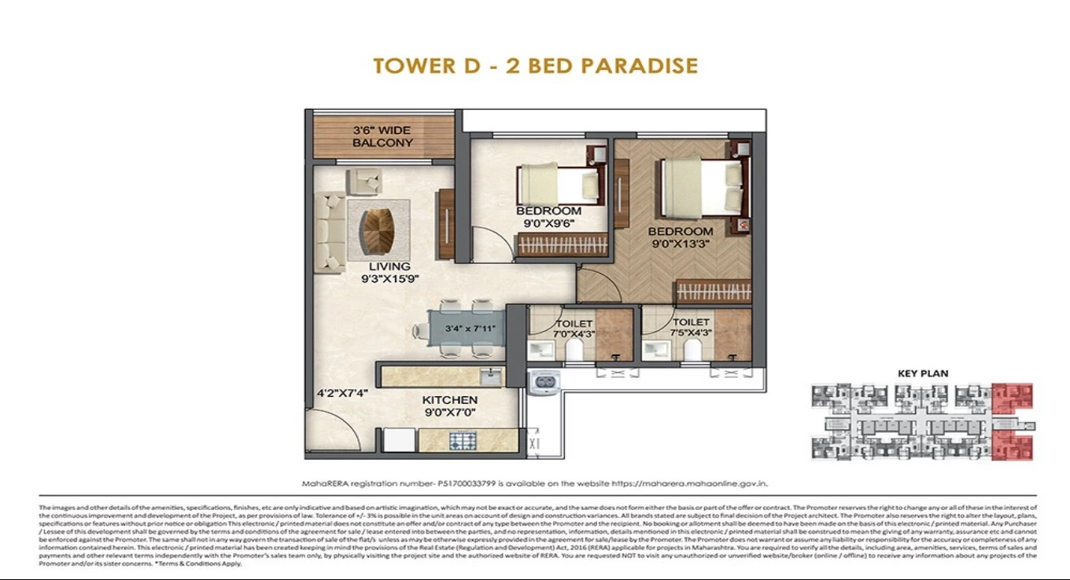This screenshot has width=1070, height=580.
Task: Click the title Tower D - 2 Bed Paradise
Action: tap(535, 65)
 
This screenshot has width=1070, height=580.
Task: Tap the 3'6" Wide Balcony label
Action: tap(382, 137)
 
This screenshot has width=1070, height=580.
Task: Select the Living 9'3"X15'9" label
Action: tap(389, 272)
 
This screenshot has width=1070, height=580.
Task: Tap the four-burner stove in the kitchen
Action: tap(460, 441)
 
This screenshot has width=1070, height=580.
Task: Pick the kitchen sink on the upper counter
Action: tap(490, 376)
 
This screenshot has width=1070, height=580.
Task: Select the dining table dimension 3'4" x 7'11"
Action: tap(470, 329)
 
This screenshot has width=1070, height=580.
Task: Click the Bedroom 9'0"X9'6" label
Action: tap(548, 216)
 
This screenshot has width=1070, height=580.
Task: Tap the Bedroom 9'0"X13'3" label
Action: tap(681, 237)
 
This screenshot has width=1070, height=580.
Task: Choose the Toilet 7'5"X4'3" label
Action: tap(691, 327)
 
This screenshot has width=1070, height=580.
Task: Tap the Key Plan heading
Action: tap(923, 373)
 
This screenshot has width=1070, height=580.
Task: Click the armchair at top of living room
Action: tap(364, 182)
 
